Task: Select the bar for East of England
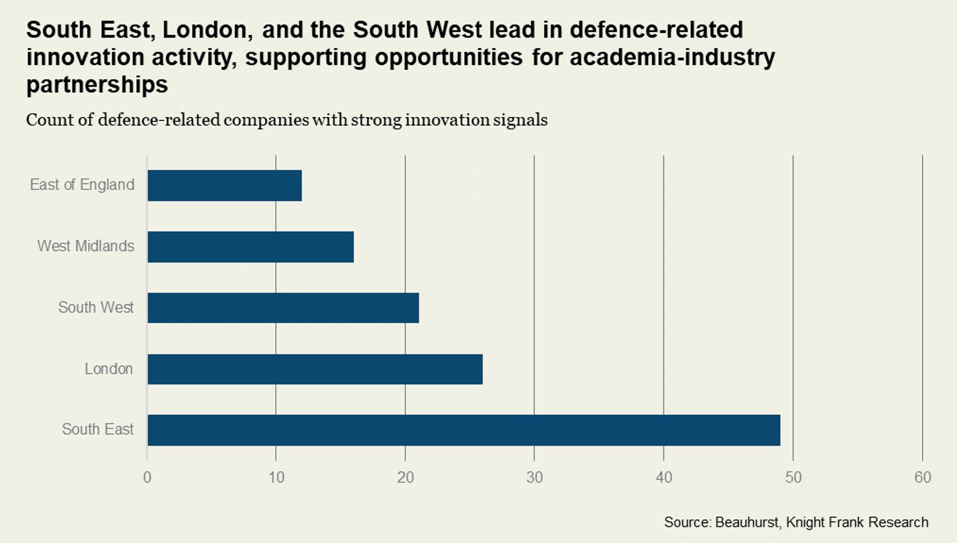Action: tap(224, 185)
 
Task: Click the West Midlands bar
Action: tap(251, 247)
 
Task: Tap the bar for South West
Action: tap(283, 308)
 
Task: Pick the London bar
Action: tap(315, 369)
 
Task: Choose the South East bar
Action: tap(463, 430)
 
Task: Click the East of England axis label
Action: tap(82, 185)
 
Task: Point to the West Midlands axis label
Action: tap(86, 246)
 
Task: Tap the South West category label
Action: tap(96, 307)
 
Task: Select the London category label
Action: tap(108, 369)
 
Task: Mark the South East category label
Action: tap(97, 429)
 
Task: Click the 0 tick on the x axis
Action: tap(147, 477)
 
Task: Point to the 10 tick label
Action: tap(276, 477)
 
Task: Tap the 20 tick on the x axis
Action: tap(405, 477)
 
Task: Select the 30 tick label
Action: tap(535, 477)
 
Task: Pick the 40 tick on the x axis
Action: tap(664, 477)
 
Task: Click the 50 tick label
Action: tap(793, 477)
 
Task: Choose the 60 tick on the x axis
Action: tap(923, 477)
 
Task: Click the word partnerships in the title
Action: tap(97, 85)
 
